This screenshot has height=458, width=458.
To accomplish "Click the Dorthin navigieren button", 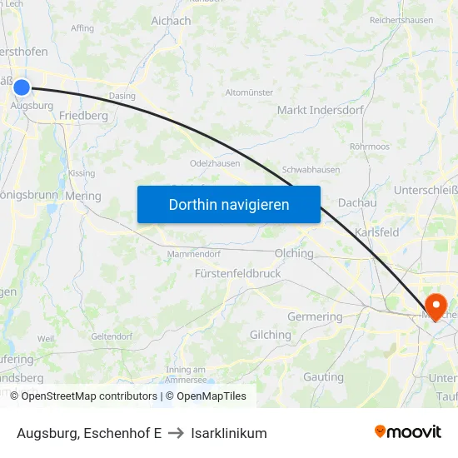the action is [x=229, y=204].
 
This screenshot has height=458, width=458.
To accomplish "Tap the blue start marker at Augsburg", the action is [x=22, y=87].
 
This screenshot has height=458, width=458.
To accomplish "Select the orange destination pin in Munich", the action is [x=436, y=305].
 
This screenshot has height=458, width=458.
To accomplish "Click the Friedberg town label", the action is [x=84, y=116].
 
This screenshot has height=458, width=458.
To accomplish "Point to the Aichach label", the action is [x=172, y=20].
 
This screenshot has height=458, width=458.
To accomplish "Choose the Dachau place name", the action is [x=357, y=202].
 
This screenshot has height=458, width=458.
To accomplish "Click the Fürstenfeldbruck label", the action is [x=237, y=273].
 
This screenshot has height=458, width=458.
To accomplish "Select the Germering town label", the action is [x=315, y=316].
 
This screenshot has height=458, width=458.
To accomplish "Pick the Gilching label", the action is [x=271, y=335].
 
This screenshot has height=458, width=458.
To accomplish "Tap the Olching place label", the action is [x=294, y=253].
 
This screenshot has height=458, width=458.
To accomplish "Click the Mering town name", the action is [x=82, y=197].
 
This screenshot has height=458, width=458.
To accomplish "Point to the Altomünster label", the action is [x=249, y=92].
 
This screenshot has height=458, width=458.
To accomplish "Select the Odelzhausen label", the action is [x=215, y=163].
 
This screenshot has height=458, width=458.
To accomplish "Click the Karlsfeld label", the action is [x=377, y=232].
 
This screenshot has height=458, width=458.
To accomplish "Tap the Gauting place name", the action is [x=323, y=377].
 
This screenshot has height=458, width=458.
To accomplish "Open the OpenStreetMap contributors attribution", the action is [x=84, y=396].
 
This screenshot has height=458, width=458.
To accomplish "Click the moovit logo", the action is [x=408, y=432].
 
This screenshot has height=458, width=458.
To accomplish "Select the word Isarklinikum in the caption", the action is [x=229, y=433].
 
